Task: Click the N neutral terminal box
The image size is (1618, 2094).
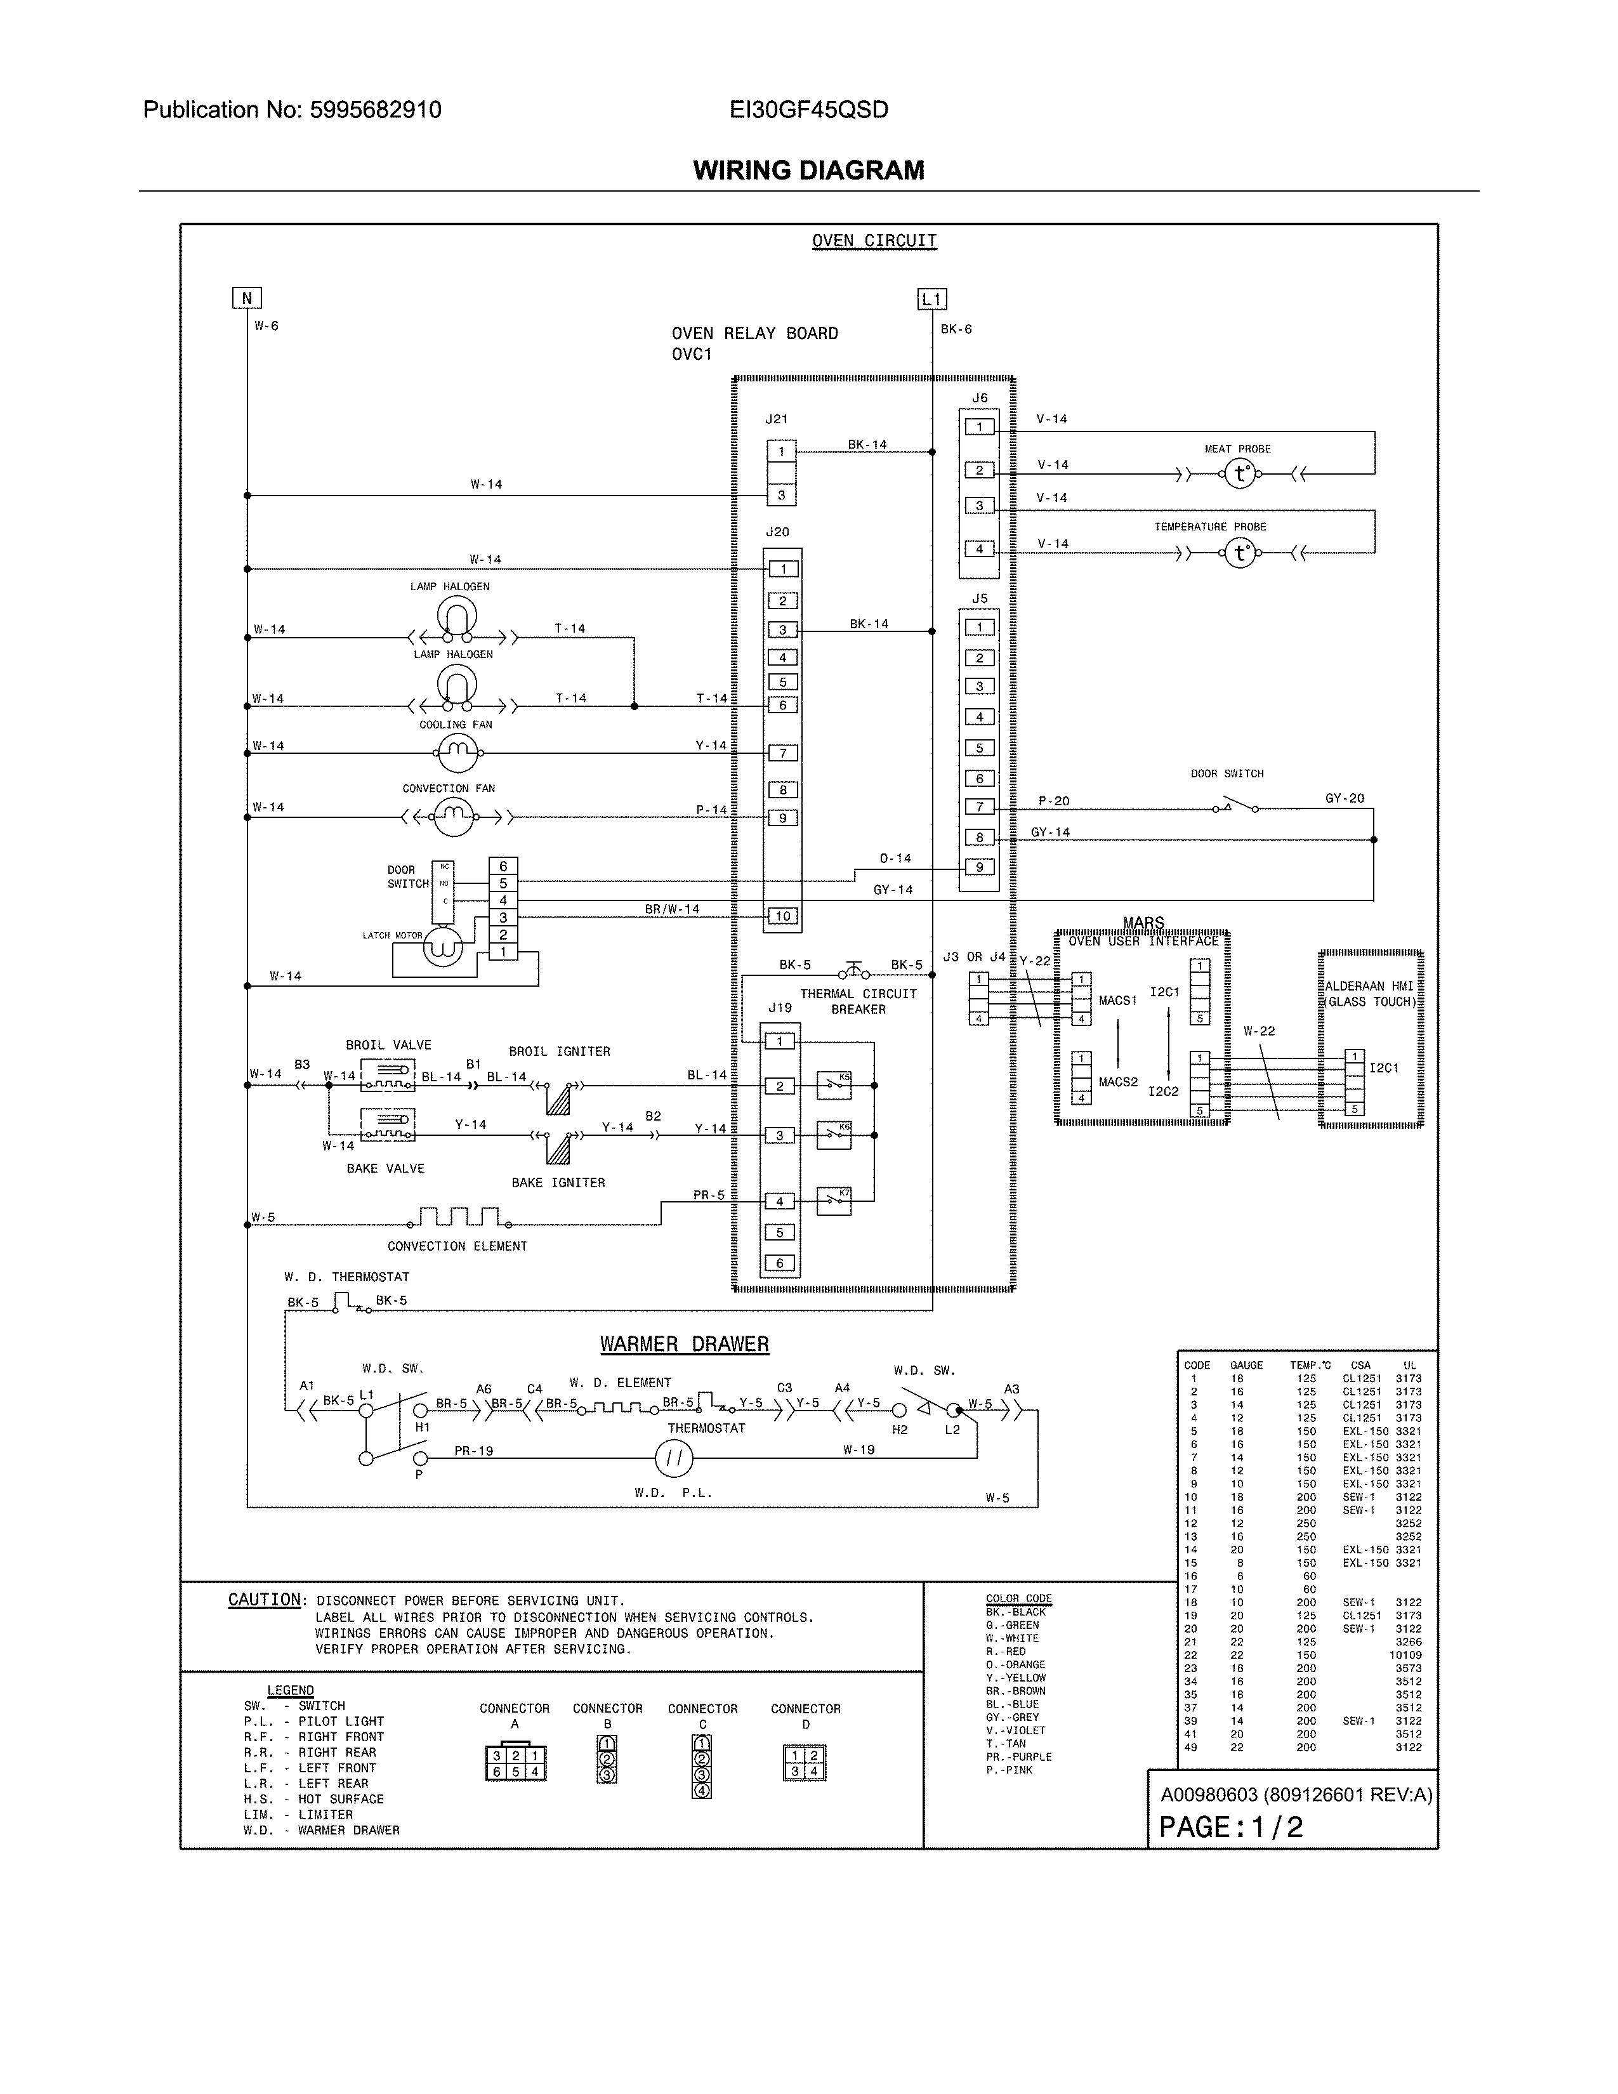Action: click(247, 298)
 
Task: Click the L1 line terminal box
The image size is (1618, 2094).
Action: click(931, 299)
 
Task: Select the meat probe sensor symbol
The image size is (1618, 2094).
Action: click(1240, 473)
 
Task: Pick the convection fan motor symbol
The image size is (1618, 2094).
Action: click(454, 817)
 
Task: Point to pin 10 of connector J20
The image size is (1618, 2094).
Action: click(782, 916)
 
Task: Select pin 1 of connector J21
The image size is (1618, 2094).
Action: click(781, 452)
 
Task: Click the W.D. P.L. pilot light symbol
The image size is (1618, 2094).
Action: click(674, 1458)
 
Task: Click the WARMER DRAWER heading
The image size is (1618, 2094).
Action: click(685, 1344)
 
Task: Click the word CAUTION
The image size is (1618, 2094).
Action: click(265, 1599)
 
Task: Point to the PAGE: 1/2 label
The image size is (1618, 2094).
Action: click(1231, 1826)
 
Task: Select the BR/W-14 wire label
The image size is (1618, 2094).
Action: click(672, 909)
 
